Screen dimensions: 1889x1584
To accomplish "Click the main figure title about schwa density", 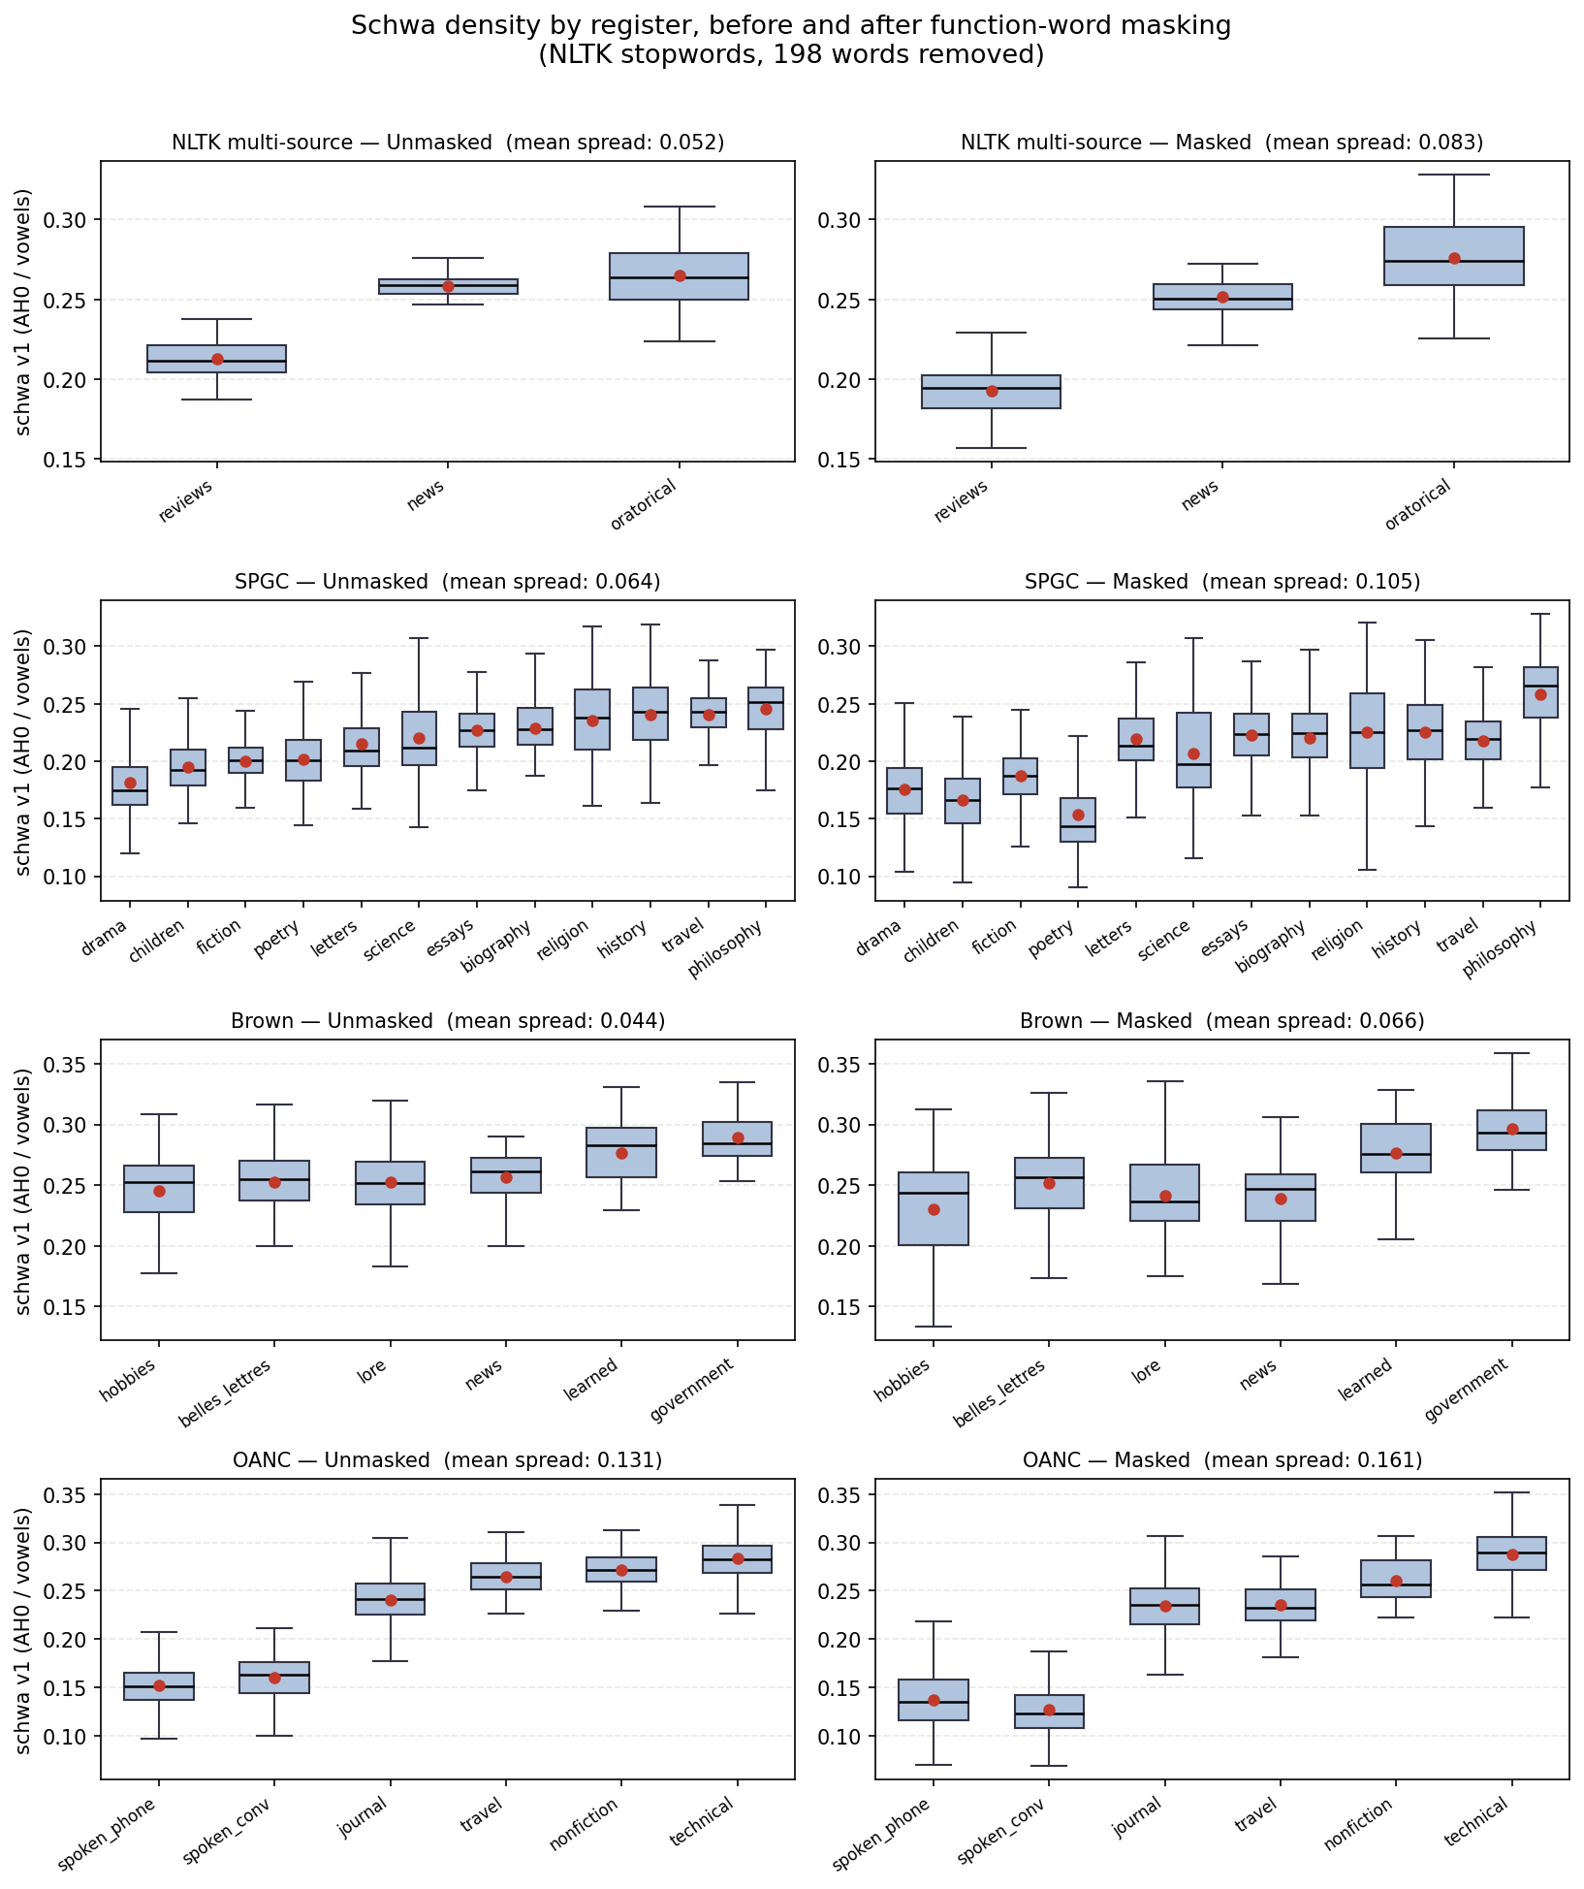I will (791, 40).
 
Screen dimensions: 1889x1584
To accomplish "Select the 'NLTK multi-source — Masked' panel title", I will (1221, 143).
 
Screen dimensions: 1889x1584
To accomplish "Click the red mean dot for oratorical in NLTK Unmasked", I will (680, 275).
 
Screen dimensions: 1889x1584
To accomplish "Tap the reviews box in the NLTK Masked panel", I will (991, 392).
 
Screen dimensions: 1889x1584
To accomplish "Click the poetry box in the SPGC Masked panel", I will (1077, 820).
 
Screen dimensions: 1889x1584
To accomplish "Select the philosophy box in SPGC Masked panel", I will (1540, 692).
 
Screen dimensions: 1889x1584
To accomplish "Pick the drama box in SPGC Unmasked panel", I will (130, 785).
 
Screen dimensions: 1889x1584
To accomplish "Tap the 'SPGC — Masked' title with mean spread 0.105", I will (1221, 582).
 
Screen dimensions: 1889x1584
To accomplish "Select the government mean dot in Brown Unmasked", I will (738, 1137).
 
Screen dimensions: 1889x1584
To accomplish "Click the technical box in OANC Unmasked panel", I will (738, 1559).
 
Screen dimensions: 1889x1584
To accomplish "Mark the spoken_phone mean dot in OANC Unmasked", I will (159, 1685).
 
